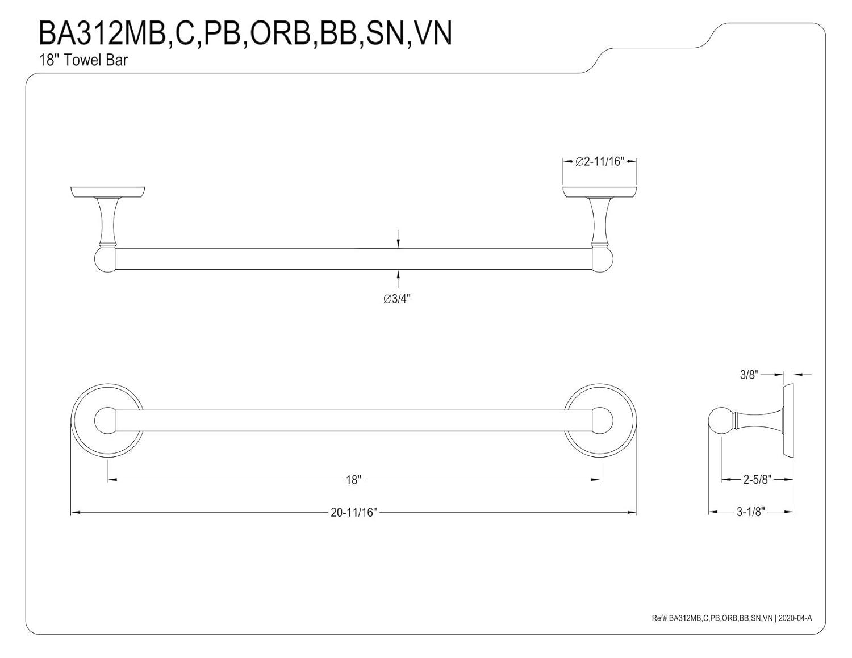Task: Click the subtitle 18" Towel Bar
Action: click(x=83, y=60)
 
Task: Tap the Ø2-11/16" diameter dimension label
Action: click(x=599, y=162)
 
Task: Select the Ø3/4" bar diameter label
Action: click(x=397, y=299)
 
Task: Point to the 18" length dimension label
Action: click(x=353, y=480)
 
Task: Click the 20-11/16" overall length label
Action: click(x=353, y=513)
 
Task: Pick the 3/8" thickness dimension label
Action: click(x=749, y=375)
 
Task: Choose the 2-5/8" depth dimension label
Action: click(x=757, y=480)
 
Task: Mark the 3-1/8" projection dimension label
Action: click(x=751, y=512)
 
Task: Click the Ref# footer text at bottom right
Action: click(x=732, y=618)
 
